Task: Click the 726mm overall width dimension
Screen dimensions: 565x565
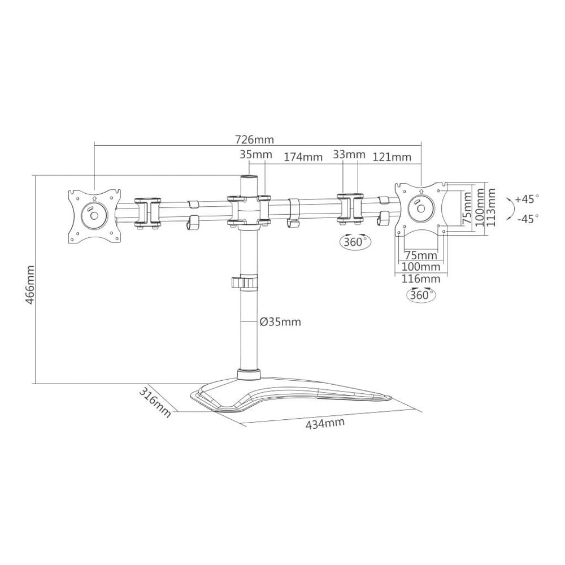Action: [254, 139]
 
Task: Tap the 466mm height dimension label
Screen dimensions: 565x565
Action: [31, 285]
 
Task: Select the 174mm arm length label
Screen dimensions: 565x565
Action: [303, 158]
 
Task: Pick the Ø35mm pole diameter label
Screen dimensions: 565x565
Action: [280, 321]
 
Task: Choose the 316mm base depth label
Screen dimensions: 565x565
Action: [155, 402]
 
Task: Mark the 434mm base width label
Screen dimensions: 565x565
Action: [325, 424]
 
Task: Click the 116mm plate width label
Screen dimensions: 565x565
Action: [421, 279]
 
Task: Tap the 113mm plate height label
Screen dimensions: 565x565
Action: [490, 207]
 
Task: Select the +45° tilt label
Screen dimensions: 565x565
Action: [527, 199]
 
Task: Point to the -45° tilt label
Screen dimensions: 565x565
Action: [527, 219]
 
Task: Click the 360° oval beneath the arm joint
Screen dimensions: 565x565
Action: [355, 241]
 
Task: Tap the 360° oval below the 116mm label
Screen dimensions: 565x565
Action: [421, 294]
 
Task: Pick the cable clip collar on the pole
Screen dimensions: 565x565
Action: [245, 282]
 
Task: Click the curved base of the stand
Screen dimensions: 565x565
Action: [292, 394]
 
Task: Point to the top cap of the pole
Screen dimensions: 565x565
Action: [249, 179]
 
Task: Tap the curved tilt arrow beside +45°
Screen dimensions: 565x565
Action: [510, 208]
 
